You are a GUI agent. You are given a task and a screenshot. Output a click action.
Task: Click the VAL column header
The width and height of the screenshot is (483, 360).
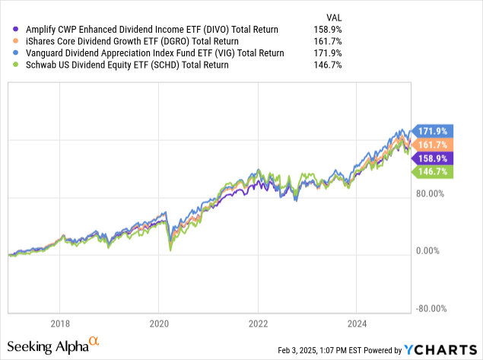point(332,16)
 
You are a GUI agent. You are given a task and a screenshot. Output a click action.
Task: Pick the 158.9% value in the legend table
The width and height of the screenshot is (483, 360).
point(328,29)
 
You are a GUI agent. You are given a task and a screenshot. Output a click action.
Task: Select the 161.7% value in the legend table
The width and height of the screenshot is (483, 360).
point(328,41)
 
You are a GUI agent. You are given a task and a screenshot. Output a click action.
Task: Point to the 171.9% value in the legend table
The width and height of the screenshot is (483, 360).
point(328,53)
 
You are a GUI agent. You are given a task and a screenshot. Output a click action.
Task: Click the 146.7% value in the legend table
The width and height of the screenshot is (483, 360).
point(328,65)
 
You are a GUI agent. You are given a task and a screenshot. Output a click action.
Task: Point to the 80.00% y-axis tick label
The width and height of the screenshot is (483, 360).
point(431,193)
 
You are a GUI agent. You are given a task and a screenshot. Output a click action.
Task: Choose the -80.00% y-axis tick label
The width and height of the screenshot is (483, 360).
point(430,309)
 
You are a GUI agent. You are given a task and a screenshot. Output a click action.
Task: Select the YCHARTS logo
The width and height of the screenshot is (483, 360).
point(442,350)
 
